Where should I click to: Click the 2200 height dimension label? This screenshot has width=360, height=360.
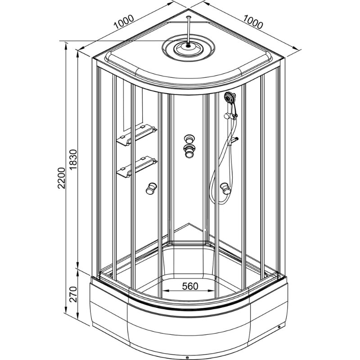[61, 178]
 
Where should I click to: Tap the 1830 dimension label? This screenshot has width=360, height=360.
[73, 160]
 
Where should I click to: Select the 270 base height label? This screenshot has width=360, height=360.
[73, 294]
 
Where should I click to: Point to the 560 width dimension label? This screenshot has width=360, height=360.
[190, 286]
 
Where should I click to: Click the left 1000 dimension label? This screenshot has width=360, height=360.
[124, 22]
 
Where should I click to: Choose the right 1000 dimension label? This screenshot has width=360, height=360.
[253, 22]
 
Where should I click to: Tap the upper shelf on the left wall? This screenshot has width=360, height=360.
[137, 135]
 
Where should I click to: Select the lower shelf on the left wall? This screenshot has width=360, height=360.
[137, 167]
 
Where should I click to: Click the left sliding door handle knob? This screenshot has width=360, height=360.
[151, 189]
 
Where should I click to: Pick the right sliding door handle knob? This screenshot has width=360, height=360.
[225, 189]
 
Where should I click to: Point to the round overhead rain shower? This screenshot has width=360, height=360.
[189, 48]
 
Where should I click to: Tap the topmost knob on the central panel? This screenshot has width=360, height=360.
[189, 139]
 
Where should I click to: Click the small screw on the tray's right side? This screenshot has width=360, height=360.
[279, 327]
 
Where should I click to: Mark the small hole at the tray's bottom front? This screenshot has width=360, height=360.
[187, 357]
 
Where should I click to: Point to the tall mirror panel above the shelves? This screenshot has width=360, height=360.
[133, 106]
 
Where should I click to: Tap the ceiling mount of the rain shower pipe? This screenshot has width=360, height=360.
[189, 17]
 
